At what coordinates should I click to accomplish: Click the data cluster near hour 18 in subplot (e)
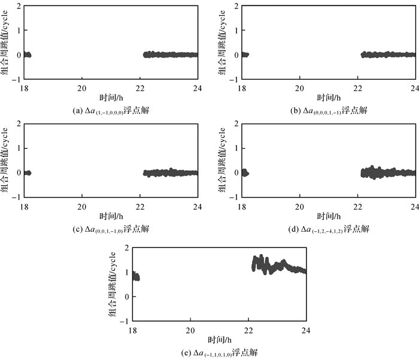click(x=136, y=276)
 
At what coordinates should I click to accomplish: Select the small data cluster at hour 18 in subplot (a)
click(x=26, y=55)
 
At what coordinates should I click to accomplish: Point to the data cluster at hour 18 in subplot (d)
click(x=243, y=173)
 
